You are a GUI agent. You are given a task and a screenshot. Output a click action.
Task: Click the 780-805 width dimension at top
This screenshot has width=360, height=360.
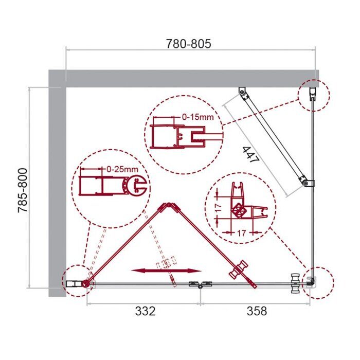188,44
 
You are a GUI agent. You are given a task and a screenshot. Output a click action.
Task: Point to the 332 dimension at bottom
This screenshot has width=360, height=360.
145,311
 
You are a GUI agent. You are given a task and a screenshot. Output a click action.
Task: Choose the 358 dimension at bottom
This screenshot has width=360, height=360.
256,311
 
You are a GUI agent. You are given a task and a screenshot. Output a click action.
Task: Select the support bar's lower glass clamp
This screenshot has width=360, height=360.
305,183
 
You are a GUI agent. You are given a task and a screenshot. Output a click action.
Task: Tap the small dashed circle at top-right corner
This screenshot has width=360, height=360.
313,96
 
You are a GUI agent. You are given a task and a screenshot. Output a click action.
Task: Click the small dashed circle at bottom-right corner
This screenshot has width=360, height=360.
318,282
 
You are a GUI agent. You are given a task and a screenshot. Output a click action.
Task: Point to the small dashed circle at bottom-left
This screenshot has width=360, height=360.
77,281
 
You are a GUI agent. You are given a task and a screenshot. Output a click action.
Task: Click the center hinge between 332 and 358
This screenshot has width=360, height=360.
200,284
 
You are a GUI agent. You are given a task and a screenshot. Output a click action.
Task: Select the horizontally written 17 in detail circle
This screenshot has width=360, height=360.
240,233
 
